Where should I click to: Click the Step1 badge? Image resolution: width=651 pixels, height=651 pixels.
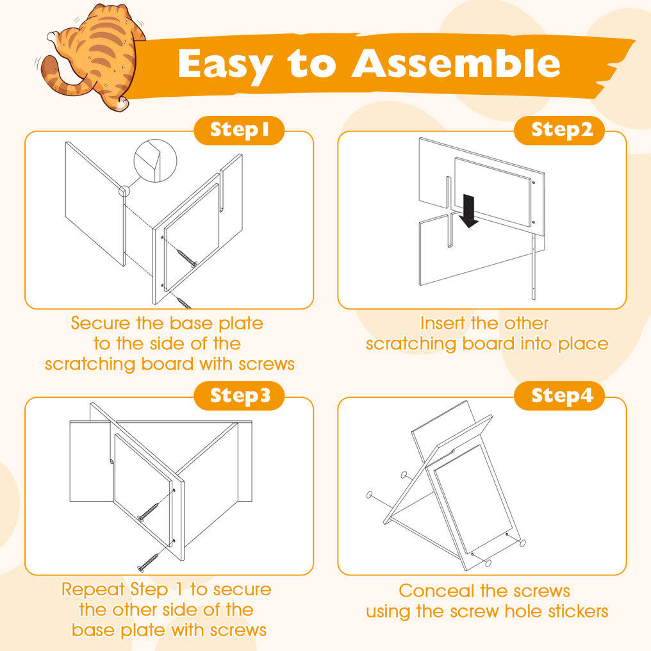239,130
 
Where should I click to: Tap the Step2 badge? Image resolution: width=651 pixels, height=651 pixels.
559,130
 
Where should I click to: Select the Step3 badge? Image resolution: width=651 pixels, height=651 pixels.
239,396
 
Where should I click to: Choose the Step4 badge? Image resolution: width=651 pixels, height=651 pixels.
559,396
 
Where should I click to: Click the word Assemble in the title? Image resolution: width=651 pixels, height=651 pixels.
456,63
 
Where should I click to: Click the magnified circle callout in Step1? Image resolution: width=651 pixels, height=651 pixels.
155,161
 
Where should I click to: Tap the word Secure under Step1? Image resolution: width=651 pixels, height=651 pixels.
101,323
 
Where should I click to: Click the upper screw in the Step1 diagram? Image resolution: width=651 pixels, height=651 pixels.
187,258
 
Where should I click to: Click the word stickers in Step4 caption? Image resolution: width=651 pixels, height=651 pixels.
577,611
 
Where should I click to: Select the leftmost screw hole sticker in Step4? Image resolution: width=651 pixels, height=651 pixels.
370,495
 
